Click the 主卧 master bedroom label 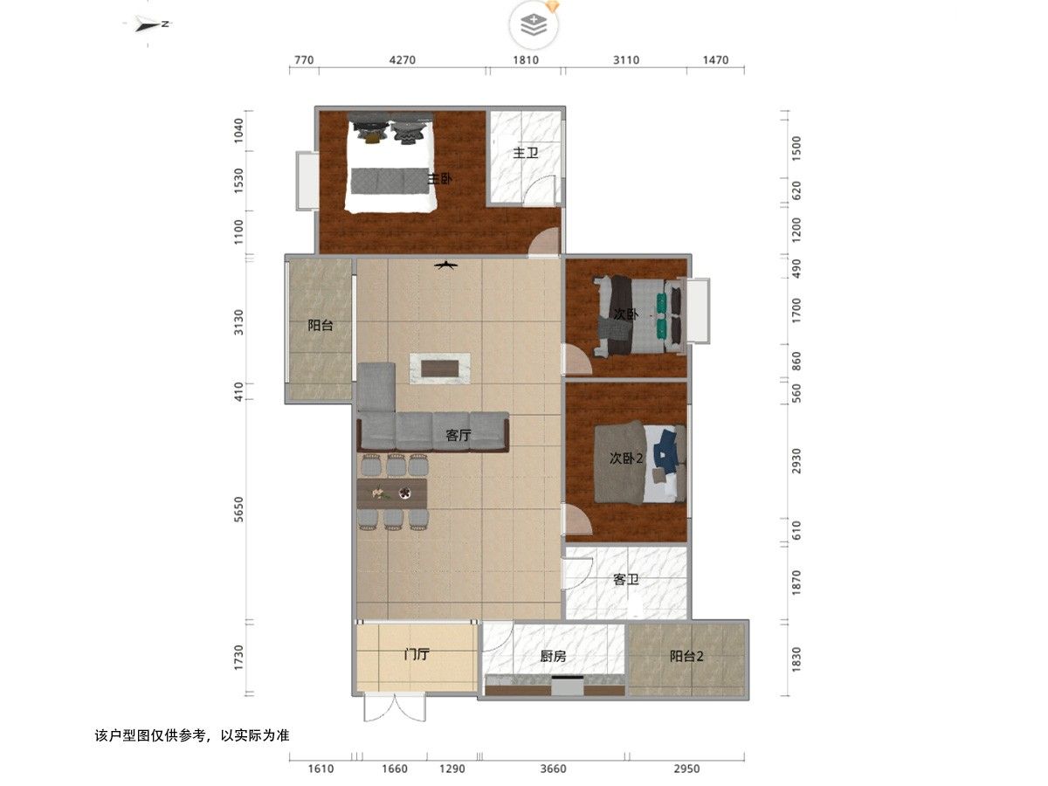439,179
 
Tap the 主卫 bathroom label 525,153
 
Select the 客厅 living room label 458,435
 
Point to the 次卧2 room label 626,458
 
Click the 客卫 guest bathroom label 625,580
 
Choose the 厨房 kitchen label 553,657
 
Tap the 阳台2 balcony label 686,657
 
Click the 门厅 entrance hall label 417,654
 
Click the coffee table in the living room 440,368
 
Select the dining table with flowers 392,493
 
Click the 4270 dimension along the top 403,60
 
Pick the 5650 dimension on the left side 238,509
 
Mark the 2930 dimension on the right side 796,461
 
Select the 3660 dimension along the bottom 553,769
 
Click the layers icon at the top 534,25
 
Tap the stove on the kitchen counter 567,686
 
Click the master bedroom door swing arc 543,240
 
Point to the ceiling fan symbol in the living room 446,265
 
